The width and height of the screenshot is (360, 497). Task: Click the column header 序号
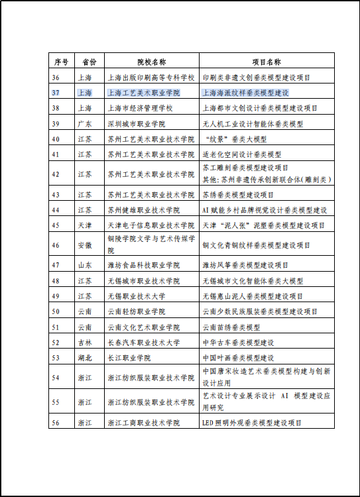point(61,62)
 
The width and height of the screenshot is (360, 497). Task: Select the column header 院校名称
point(151,62)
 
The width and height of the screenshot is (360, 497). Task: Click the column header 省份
point(89,62)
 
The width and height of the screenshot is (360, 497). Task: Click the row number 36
point(56,78)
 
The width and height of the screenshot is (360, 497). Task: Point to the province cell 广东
point(85,124)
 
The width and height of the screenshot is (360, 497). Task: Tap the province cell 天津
point(85,225)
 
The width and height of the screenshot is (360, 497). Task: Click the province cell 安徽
point(85,245)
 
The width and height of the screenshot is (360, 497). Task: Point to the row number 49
point(56,296)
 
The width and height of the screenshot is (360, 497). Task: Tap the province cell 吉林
point(85,343)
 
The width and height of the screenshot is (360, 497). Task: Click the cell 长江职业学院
point(129,358)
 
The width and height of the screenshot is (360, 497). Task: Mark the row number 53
point(56,358)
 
